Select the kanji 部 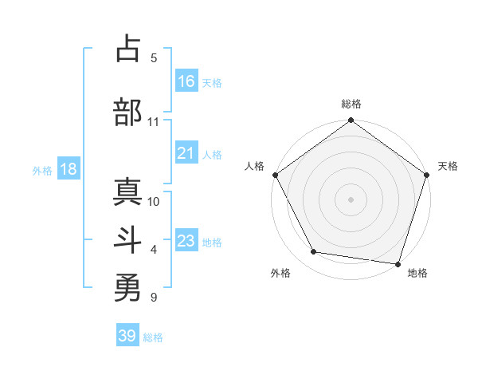(127, 111)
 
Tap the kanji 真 (127, 191)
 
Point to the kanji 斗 (127, 241)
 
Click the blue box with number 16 (186, 81)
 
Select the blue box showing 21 (186, 153)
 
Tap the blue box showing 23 (186, 241)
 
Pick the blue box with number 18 (68, 169)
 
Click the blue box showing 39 (127, 336)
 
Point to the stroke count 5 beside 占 (154, 58)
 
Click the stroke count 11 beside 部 (153, 122)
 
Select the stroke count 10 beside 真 (154, 201)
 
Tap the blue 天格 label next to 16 (212, 82)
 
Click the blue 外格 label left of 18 (42, 170)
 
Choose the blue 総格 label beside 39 (153, 337)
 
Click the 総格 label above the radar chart (351, 104)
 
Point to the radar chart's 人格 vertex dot (275, 175)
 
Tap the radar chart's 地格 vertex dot (398, 263)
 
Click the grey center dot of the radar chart (351, 199)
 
